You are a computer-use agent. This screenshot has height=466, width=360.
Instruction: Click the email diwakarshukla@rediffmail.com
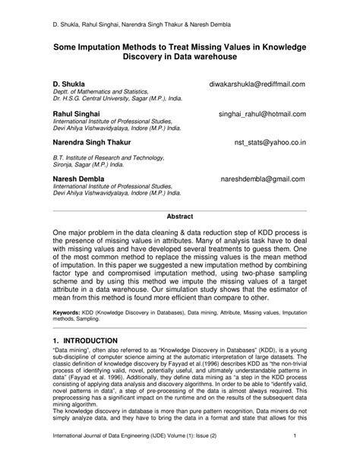click(x=257, y=84)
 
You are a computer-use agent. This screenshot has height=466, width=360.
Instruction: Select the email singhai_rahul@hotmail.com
click(x=261, y=113)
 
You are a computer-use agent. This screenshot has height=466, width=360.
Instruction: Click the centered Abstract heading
click(x=180, y=215)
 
